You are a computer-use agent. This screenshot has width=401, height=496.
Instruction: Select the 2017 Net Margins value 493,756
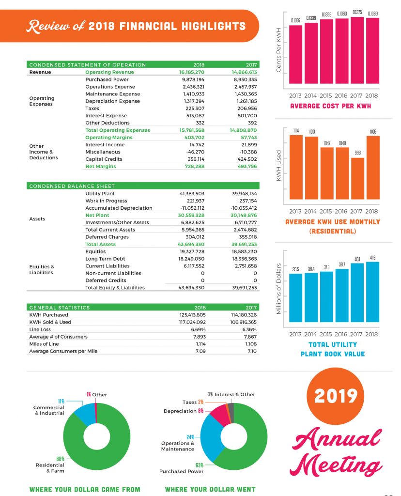tap(244, 166)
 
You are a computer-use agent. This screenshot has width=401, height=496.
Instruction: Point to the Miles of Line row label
tap(45, 344)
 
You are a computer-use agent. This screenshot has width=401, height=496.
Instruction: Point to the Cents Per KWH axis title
tap(279, 49)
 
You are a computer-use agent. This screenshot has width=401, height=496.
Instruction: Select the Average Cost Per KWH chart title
tap(330, 106)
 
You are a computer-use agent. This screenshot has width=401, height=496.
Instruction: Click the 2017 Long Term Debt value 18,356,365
tap(244, 259)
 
